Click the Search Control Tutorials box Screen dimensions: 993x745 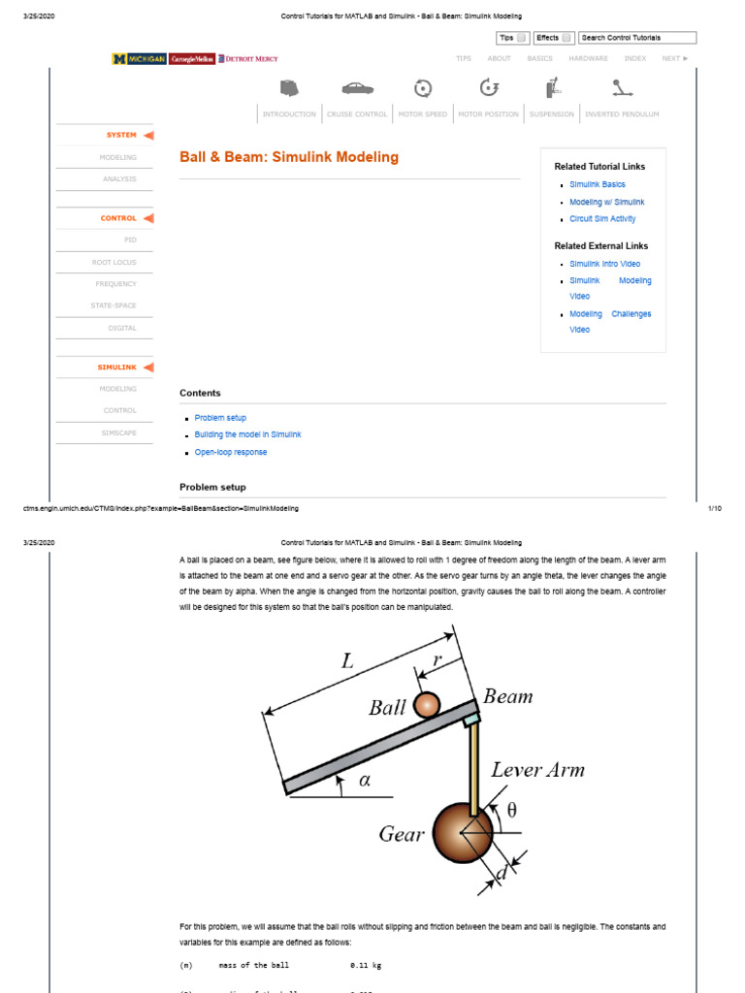637,38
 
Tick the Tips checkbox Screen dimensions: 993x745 522,38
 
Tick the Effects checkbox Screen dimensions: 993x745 567,38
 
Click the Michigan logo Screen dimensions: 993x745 139,59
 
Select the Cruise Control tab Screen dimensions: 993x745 356,113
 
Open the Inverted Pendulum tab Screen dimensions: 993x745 622,113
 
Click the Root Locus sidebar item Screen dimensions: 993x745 114,262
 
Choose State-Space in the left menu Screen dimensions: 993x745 113,305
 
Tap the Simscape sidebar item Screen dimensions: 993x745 118,432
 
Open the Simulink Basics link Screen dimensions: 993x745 597,184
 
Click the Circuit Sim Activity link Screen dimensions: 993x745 602,219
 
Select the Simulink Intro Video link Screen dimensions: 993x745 604,264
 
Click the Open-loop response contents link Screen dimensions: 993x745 230,452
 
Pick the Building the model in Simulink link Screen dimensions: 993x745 247,434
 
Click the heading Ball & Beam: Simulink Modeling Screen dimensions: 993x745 289,157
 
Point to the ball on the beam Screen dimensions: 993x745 427,705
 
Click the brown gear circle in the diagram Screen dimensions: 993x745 463,832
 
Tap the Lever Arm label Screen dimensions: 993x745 537,770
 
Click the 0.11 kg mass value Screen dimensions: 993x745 365,966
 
